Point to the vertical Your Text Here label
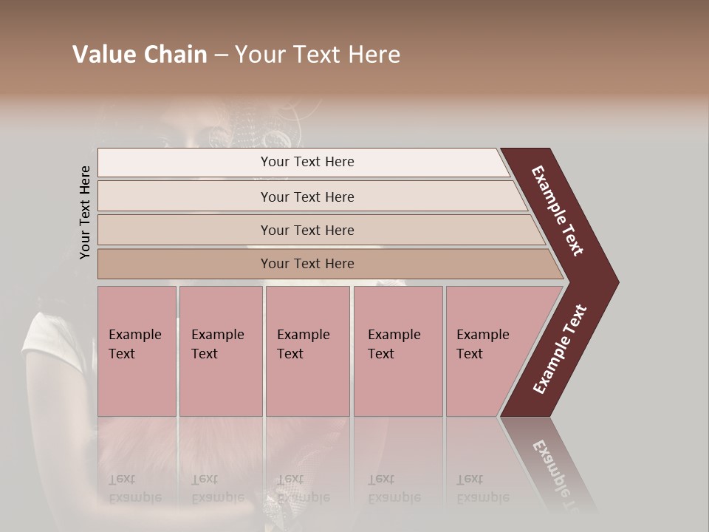click(x=85, y=212)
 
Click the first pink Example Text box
click(x=137, y=351)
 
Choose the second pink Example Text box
click(x=220, y=351)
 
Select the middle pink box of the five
click(x=307, y=351)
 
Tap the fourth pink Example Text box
click(x=398, y=351)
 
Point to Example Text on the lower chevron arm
click(x=560, y=349)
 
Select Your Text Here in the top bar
click(x=307, y=162)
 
